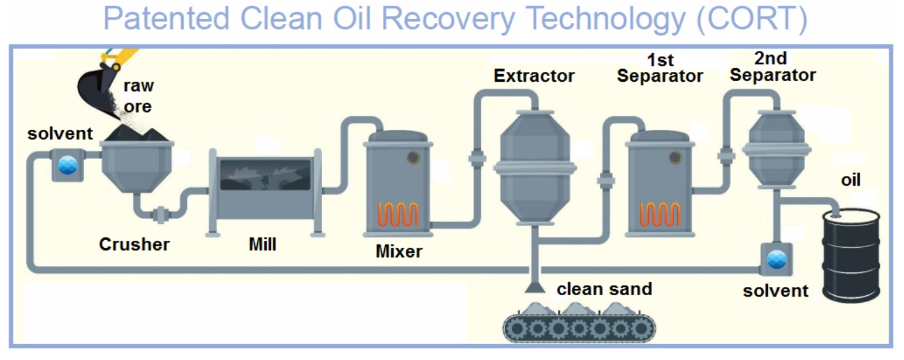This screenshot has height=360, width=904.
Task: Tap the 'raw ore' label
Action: click(x=139, y=96)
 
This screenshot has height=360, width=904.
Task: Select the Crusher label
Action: click(x=134, y=244)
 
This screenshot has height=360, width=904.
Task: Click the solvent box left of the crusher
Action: click(x=64, y=164)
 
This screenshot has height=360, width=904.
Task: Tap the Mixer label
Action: click(x=398, y=252)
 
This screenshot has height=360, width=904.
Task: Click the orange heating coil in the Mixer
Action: click(x=398, y=213)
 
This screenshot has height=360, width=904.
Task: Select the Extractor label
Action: click(x=534, y=75)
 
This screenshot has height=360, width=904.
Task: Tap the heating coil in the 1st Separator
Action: click(x=660, y=213)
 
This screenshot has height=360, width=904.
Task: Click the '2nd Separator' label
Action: click(x=773, y=67)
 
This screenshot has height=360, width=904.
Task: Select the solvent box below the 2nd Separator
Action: click(x=777, y=259)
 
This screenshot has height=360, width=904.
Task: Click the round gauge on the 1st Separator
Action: click(x=675, y=157)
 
